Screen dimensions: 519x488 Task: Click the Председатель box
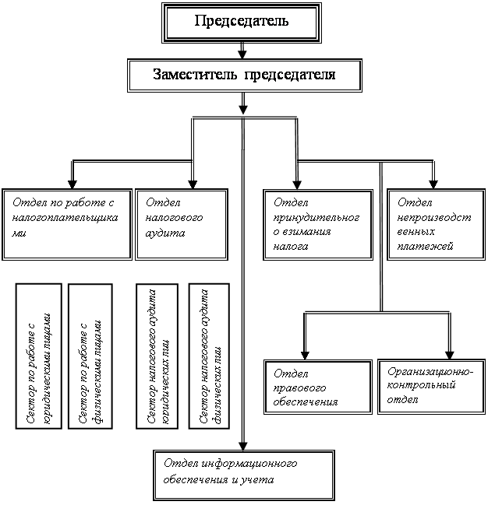(242, 21)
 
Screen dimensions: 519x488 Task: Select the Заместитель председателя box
(245, 75)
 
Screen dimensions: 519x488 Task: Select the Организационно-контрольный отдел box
(428, 384)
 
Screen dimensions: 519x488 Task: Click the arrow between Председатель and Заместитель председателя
(242, 51)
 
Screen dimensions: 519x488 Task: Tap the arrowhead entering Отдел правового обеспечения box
(305, 353)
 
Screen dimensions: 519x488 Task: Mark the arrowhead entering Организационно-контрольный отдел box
(450, 352)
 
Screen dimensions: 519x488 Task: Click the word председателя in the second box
(290, 75)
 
